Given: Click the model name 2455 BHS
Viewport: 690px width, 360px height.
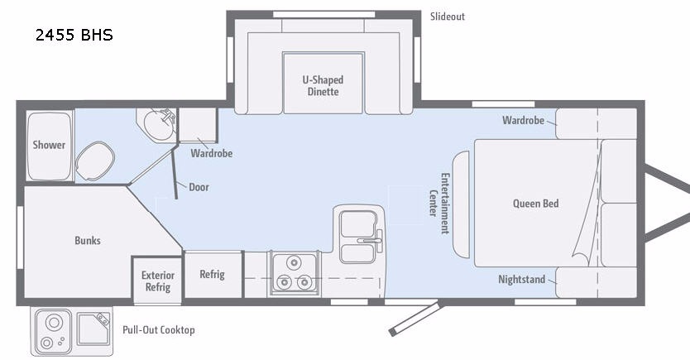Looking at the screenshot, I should click(x=74, y=36).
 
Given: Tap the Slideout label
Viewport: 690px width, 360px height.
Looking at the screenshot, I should click(x=447, y=17).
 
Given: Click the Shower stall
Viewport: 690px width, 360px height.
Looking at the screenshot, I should click(x=49, y=145).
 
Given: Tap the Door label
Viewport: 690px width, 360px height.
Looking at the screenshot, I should click(x=199, y=187).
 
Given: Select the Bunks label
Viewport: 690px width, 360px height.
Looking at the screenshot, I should click(x=87, y=241).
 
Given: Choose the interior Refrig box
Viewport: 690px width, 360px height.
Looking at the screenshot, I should click(x=212, y=275).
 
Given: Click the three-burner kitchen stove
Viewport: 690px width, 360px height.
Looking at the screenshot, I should click(x=293, y=273).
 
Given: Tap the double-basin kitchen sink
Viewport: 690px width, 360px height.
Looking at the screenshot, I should click(x=358, y=234).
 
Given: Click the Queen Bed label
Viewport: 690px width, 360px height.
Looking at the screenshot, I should click(x=535, y=204).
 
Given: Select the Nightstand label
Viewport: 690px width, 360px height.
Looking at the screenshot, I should click(x=521, y=280).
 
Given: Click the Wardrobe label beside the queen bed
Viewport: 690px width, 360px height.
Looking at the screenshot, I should click(x=523, y=121).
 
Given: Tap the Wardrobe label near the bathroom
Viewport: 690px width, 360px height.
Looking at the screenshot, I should click(x=211, y=153).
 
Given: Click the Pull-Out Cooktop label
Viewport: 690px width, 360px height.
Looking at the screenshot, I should click(x=159, y=330).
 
